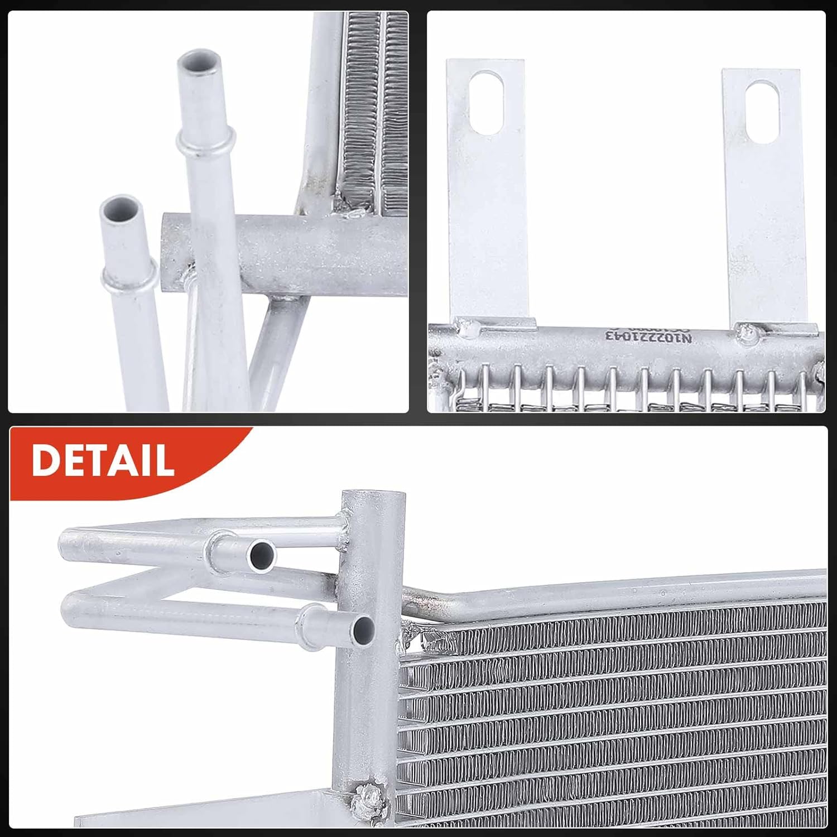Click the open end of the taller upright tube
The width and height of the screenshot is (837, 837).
199,62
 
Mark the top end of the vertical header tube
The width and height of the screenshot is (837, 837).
373,496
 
